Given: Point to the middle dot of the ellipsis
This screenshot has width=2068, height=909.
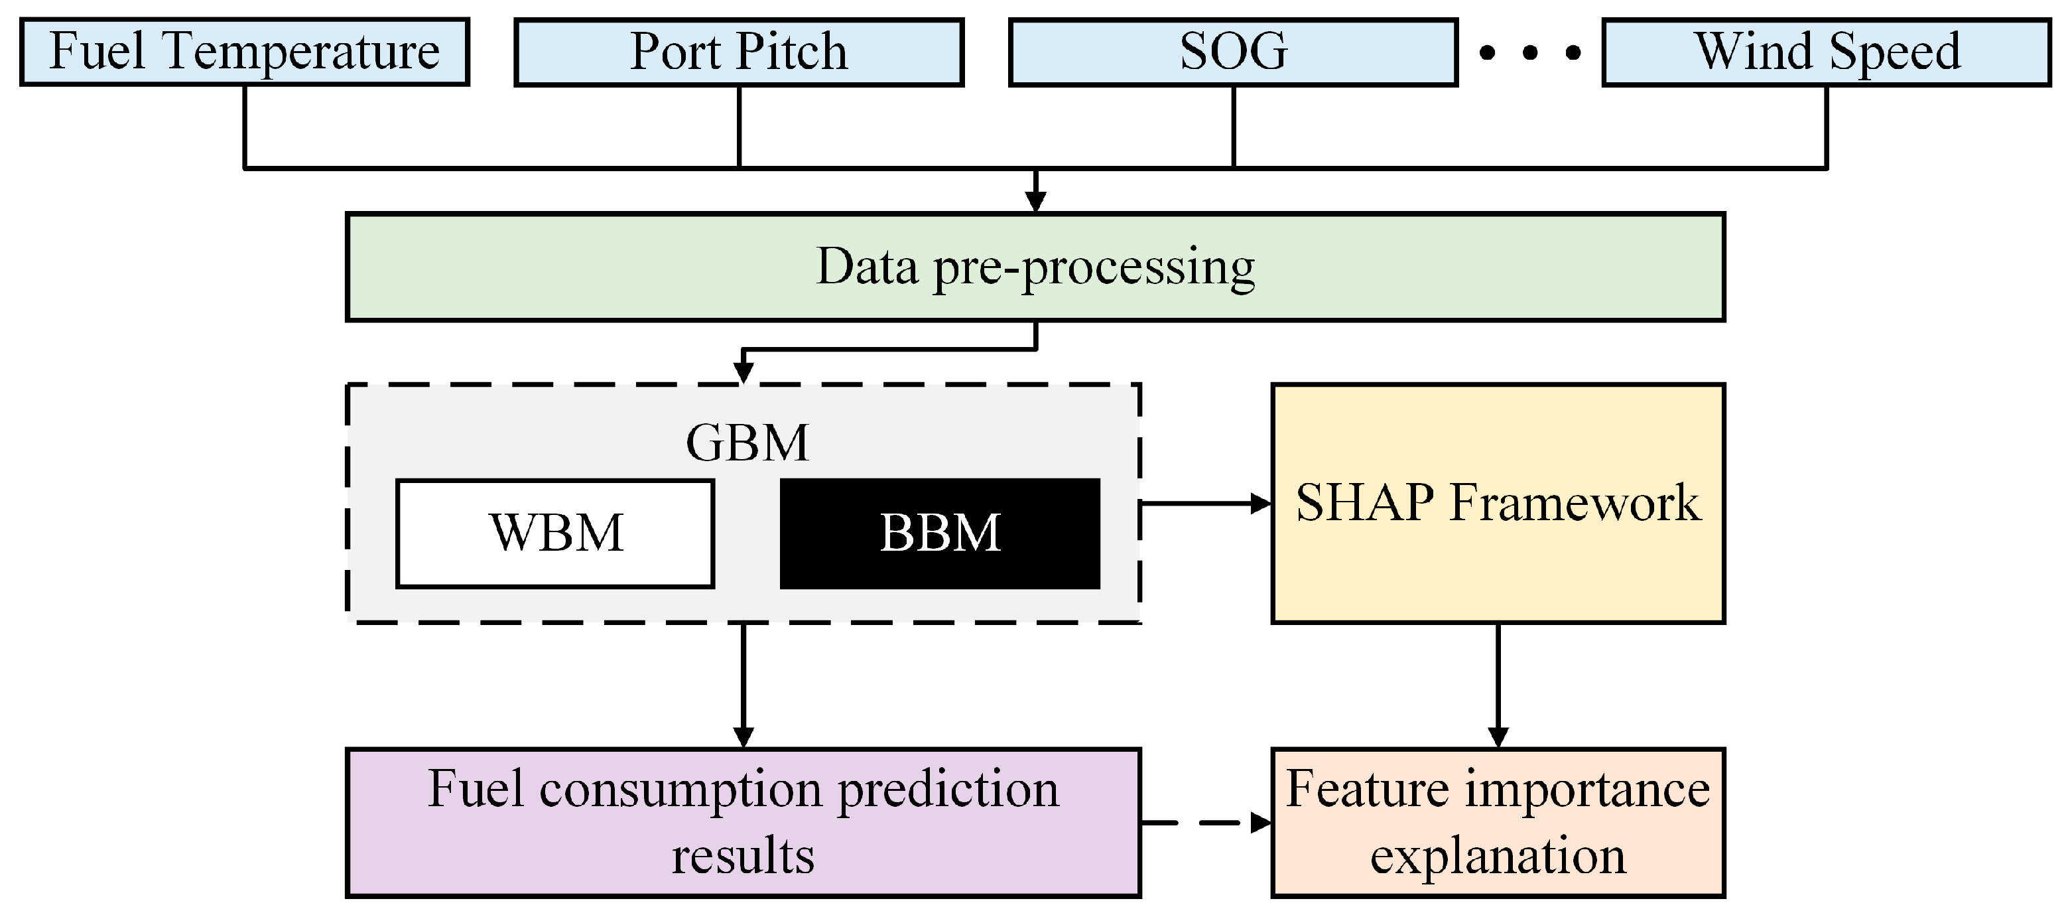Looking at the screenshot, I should click(1530, 54).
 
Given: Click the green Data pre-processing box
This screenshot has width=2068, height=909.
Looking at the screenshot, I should click(1035, 267).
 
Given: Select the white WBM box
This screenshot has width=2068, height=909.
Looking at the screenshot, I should click(554, 533).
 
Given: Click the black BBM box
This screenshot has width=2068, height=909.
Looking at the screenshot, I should click(940, 533).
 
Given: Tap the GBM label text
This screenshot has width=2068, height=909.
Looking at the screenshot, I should click(747, 443).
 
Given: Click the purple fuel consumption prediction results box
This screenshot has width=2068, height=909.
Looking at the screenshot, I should click(743, 822).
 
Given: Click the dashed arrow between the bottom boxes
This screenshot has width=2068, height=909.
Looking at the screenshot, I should click(1204, 822).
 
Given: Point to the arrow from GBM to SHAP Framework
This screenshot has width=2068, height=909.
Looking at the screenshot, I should click(1204, 504).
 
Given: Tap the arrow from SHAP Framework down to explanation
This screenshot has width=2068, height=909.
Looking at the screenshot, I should click(1498, 683).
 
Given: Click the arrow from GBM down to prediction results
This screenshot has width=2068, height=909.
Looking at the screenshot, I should click(743, 683).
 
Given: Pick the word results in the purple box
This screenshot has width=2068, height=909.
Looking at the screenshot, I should click(743, 856).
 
